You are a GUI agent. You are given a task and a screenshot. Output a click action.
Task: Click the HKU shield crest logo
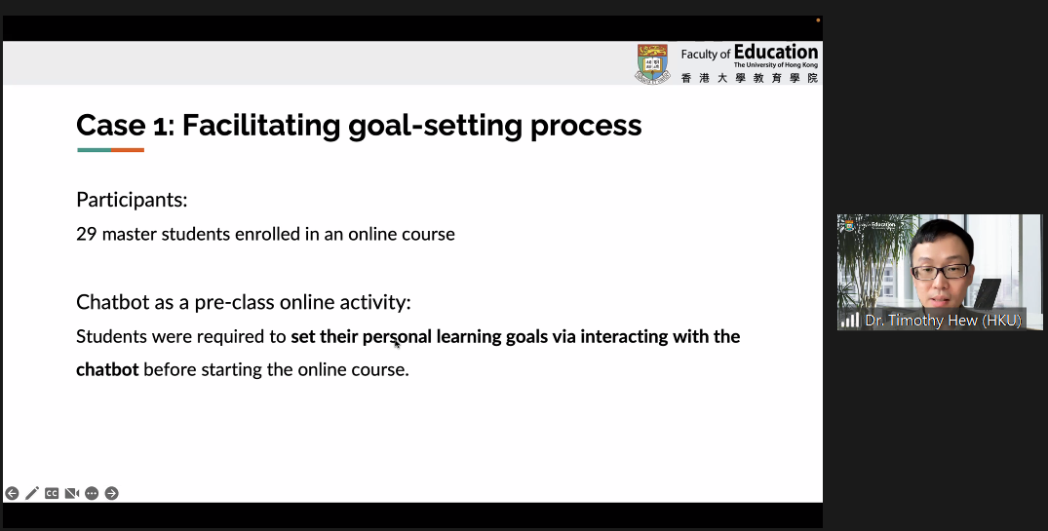(x=652, y=63)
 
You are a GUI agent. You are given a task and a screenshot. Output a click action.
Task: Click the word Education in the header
(x=775, y=52)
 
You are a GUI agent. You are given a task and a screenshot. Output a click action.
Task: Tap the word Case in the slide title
(x=111, y=125)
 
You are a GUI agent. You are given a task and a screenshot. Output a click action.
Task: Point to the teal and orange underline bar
(x=110, y=150)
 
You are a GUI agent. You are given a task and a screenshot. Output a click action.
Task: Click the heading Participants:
(x=132, y=200)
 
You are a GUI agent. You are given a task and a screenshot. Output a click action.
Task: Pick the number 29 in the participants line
(x=86, y=234)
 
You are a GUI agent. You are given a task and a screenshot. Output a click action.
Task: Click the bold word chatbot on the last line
(x=107, y=369)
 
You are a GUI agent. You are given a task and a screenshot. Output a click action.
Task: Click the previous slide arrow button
(x=12, y=493)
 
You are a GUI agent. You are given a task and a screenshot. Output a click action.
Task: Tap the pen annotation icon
(x=32, y=493)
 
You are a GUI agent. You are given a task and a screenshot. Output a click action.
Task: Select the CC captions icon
(x=52, y=493)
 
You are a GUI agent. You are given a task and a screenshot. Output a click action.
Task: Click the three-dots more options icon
(x=92, y=493)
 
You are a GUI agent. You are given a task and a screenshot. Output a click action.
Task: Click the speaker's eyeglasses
(x=941, y=272)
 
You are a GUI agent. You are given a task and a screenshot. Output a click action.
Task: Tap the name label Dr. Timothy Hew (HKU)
(x=943, y=321)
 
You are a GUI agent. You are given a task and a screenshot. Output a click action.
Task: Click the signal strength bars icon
(x=849, y=321)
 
